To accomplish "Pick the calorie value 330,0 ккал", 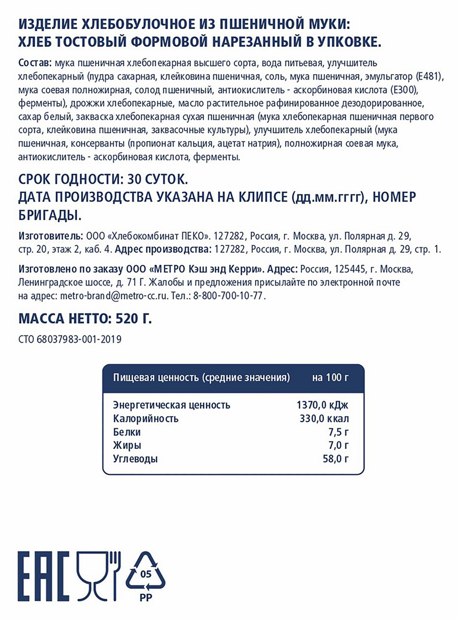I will click(324, 418).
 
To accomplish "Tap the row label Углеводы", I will click(135, 459).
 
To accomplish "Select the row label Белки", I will click(126, 432).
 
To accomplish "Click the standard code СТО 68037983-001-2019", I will click(69, 340).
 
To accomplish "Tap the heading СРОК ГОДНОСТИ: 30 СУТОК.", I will click(102, 181).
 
